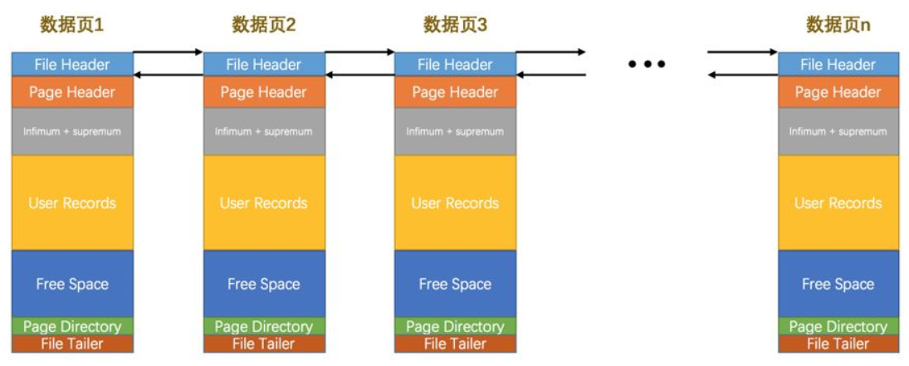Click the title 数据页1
tap(72, 25)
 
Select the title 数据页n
tap(838, 25)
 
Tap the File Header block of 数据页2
tap(264, 64)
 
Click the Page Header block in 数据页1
tap(72, 92)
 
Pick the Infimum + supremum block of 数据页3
tap(455, 131)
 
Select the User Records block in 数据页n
tap(838, 203)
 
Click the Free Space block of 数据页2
tap(264, 284)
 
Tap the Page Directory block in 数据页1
tap(72, 326)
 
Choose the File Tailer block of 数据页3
tap(455, 344)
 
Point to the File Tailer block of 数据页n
tap(838, 344)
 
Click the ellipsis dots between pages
tap(647, 64)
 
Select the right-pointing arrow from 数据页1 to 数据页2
tap(169, 52)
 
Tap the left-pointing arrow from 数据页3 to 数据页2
tap(359, 76)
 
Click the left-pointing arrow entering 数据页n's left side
tap(742, 76)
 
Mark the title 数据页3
tap(455, 25)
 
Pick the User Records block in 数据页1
tap(72, 203)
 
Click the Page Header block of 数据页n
tap(838, 92)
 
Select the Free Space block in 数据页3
tap(455, 284)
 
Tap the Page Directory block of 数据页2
tap(264, 326)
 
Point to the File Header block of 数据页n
tap(838, 64)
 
